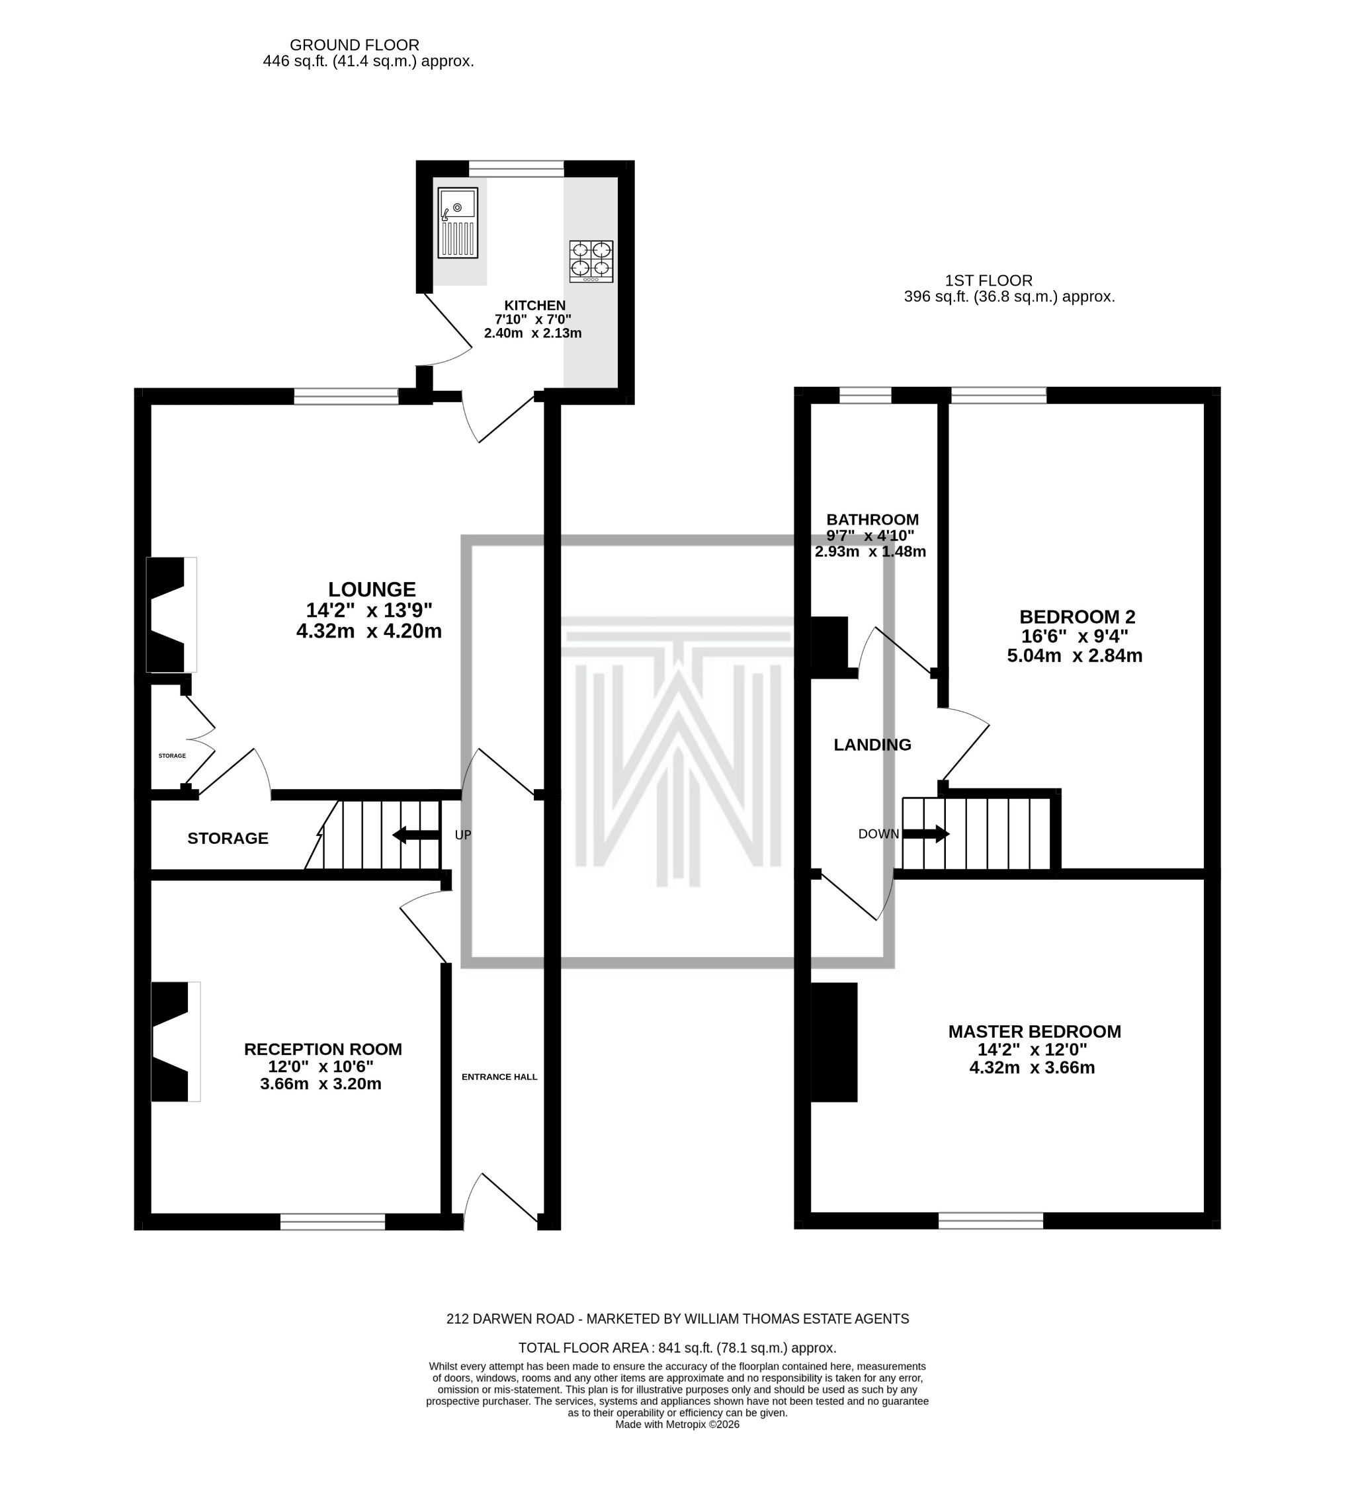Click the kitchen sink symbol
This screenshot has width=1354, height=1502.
(458, 222)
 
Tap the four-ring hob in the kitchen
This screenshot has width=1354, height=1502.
(591, 261)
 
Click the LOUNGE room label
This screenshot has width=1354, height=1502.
(371, 589)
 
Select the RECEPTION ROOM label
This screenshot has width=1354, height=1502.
(323, 1049)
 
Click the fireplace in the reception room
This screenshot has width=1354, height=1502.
(175, 1042)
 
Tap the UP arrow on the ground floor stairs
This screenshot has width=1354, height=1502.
(416, 835)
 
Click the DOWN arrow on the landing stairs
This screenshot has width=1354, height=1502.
(925, 834)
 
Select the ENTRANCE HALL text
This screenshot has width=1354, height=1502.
(499, 1077)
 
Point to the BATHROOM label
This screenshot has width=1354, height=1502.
(872, 519)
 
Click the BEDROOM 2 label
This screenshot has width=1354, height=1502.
(1076, 616)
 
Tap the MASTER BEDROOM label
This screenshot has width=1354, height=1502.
(1034, 1031)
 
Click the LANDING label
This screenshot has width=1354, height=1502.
(872, 745)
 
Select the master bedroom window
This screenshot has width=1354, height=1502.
(990, 1220)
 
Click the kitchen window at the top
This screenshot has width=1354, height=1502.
(517, 169)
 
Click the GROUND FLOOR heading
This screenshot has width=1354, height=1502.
(354, 44)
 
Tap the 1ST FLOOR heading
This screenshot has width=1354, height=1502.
(988, 280)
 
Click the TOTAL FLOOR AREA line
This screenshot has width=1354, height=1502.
(677, 1347)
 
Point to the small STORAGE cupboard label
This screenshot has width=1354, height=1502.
(172, 755)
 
